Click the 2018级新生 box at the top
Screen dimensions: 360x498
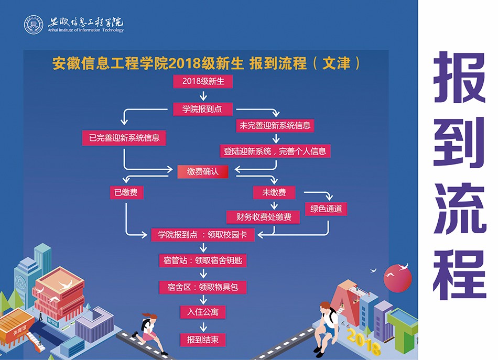coord(203,81)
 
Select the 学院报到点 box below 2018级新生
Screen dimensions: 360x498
coord(203,109)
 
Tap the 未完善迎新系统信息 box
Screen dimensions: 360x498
coord(275,125)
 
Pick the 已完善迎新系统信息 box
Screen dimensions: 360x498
coord(124,138)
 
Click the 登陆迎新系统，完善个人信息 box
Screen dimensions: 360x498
coord(275,151)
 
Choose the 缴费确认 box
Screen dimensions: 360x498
coord(202,171)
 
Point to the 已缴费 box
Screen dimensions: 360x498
coord(126,193)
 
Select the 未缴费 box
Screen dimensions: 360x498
coord(274,193)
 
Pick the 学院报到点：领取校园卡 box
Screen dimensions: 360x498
coord(203,235)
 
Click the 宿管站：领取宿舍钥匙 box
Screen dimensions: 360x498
coord(203,260)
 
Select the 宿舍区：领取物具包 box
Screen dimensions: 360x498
coord(203,287)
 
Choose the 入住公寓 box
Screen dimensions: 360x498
coord(203,312)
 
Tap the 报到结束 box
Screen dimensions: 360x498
coord(203,340)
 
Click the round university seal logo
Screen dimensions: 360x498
coord(34,25)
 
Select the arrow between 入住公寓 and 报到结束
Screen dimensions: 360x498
coord(203,326)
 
